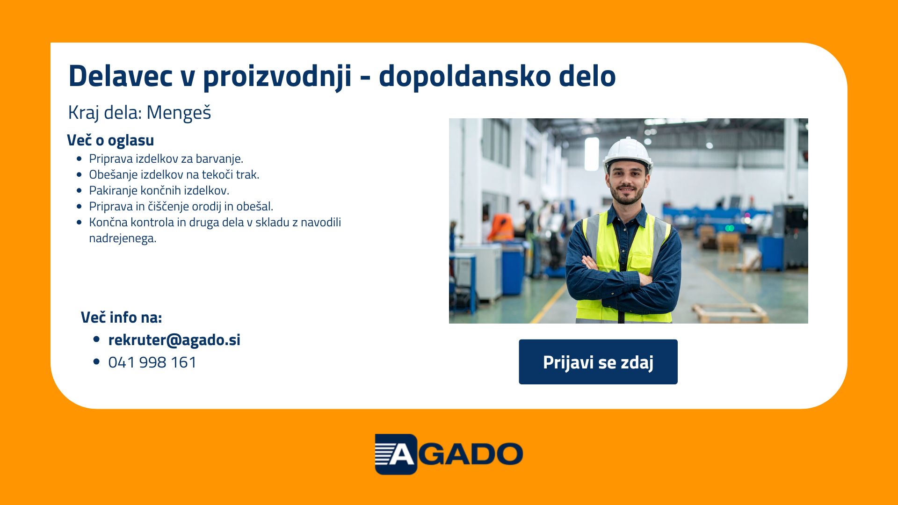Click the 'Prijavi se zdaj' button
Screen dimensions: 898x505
click(598, 362)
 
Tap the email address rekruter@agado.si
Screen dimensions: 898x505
click(174, 340)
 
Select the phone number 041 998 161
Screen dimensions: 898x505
click(152, 362)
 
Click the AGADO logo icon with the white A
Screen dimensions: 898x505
click(396, 454)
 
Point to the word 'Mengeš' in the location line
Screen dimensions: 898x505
click(179, 113)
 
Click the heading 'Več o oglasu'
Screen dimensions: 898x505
click(110, 140)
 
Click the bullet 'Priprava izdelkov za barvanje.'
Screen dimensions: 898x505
click(166, 159)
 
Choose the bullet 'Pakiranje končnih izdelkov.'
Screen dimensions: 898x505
click(159, 191)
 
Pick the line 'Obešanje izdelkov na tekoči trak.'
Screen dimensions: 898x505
click(174, 175)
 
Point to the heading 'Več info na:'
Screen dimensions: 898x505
click(122, 317)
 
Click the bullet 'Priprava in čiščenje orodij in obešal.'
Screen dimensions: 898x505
click(181, 207)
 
